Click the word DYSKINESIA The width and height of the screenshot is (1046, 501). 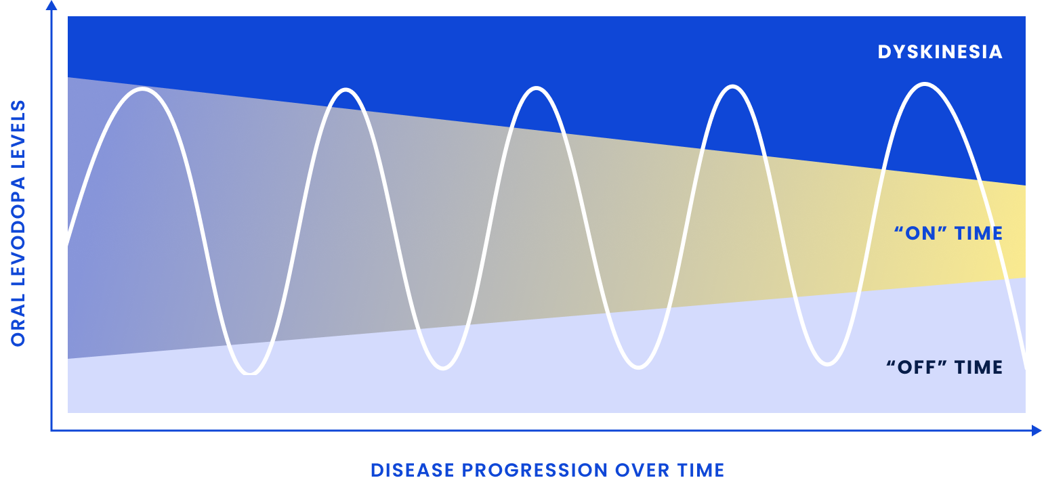click(x=940, y=52)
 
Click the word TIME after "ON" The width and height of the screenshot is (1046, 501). click(x=978, y=234)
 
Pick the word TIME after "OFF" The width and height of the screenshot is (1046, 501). click(x=978, y=368)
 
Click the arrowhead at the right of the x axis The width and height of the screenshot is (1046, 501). click(x=1037, y=431)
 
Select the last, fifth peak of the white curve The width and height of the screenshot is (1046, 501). click(x=925, y=84)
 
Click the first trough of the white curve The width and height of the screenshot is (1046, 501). click(x=251, y=372)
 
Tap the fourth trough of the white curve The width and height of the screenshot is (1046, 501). click(x=827, y=364)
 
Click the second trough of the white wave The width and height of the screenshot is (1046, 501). click(x=443, y=368)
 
